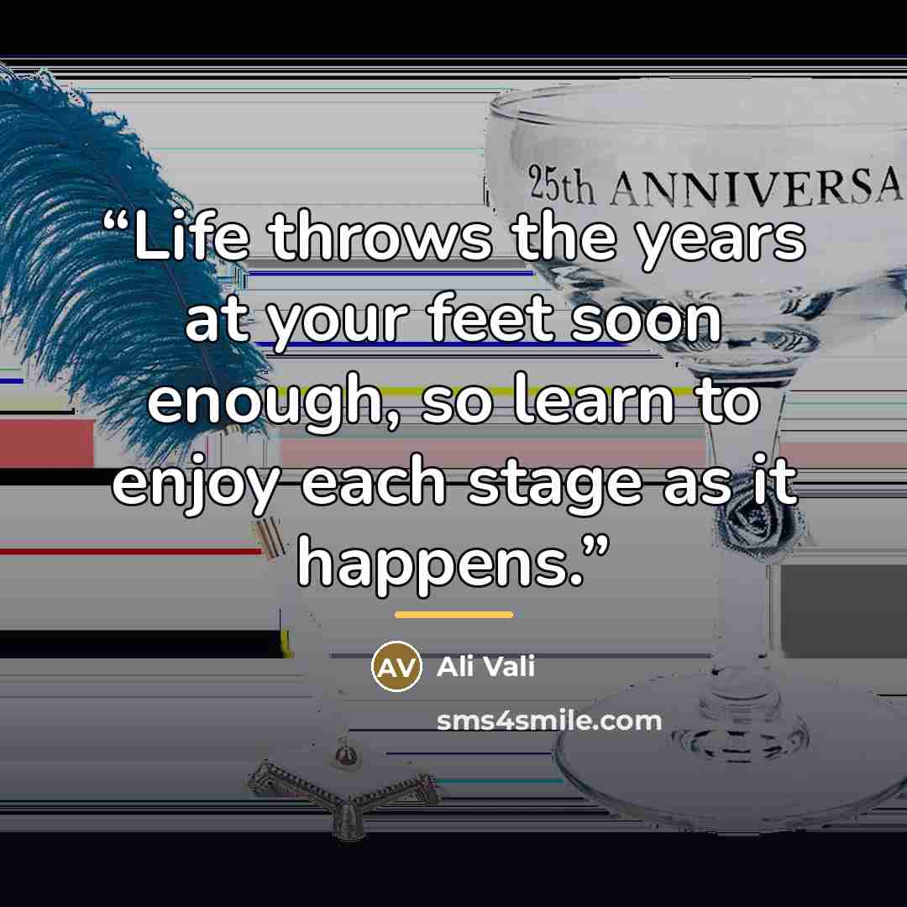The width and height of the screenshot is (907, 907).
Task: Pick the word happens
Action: coord(439,566)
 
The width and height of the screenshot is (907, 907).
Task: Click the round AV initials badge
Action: coord(396,666)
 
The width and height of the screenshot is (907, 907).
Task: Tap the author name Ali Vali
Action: coord(486,666)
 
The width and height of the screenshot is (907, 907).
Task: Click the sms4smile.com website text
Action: coord(549,721)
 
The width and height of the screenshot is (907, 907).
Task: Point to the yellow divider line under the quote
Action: coord(454,615)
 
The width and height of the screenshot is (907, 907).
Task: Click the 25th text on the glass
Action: coord(561,185)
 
